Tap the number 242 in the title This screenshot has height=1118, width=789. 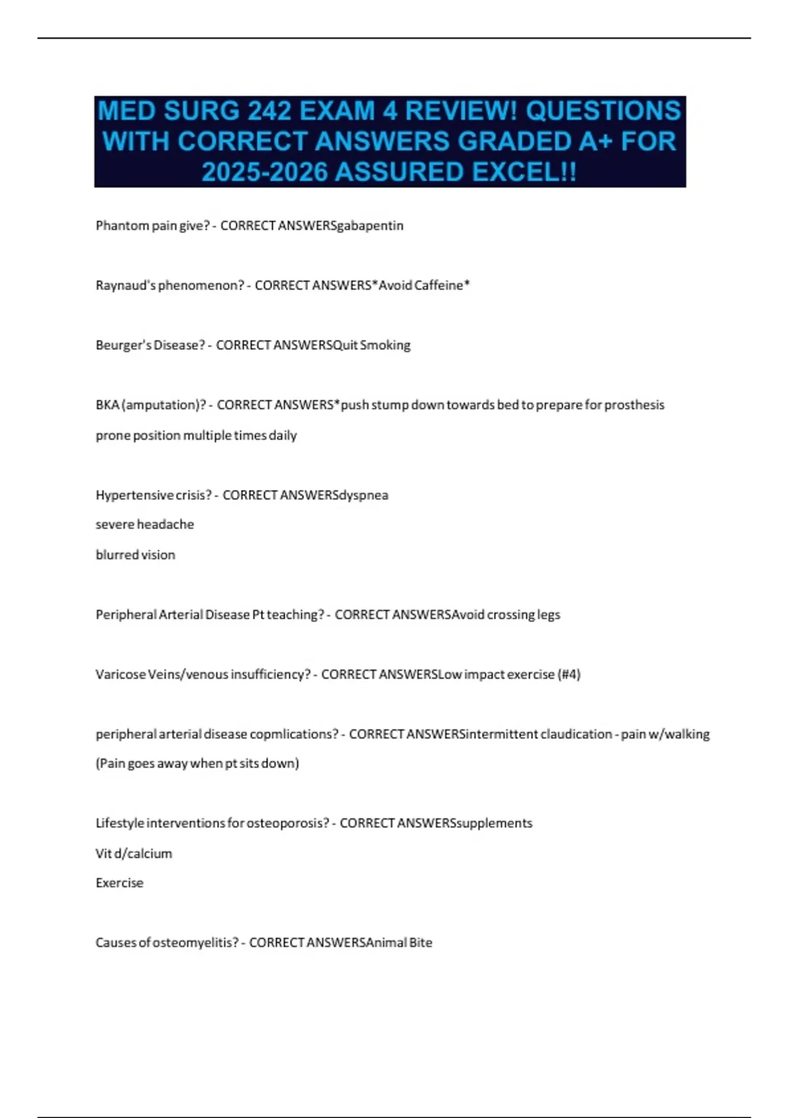pos(270,111)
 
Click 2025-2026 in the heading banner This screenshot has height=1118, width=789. pos(265,172)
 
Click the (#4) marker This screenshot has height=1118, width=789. pos(569,675)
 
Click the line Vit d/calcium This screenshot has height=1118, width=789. pos(134,854)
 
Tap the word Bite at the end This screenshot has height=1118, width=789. pos(421,943)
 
